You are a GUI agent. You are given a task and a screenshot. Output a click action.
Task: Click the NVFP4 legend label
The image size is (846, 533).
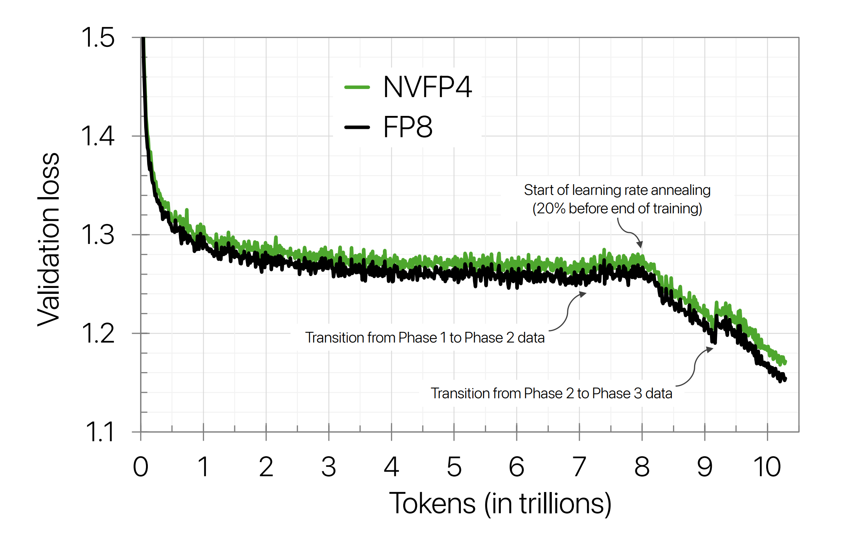click(x=427, y=87)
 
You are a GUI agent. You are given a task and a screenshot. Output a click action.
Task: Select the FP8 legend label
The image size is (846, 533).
click(x=407, y=127)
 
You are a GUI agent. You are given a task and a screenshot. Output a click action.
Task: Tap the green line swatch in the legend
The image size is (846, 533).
click(x=357, y=87)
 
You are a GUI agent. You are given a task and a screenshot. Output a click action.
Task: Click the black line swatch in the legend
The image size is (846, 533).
click(x=357, y=127)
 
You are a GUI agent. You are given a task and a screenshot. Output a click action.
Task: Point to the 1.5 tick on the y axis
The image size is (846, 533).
click(x=98, y=38)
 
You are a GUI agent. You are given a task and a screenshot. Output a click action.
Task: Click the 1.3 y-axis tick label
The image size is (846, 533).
click(x=98, y=235)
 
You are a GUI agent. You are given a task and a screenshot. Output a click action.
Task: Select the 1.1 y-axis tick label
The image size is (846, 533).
click(x=99, y=432)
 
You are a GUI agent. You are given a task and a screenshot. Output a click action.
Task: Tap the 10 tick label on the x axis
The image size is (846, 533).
click(x=767, y=467)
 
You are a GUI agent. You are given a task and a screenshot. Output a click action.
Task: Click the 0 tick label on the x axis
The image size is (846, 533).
click(x=141, y=467)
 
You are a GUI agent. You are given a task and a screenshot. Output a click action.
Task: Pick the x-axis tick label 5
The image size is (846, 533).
click(x=454, y=467)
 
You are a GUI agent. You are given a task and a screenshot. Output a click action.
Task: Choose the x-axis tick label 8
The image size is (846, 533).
click(x=642, y=467)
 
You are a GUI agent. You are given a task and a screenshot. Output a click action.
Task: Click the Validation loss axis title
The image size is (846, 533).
click(x=49, y=239)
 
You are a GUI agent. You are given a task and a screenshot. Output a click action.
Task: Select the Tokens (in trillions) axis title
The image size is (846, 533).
click(x=500, y=504)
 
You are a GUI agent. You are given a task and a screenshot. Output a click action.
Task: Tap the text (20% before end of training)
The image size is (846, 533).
click(x=617, y=209)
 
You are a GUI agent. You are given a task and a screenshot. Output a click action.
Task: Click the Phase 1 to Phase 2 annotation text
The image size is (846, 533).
click(x=425, y=338)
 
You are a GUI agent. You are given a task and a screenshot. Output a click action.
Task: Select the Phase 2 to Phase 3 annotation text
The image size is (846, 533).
click(x=551, y=393)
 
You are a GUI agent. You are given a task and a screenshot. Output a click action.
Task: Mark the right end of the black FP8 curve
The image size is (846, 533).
click(x=785, y=379)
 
